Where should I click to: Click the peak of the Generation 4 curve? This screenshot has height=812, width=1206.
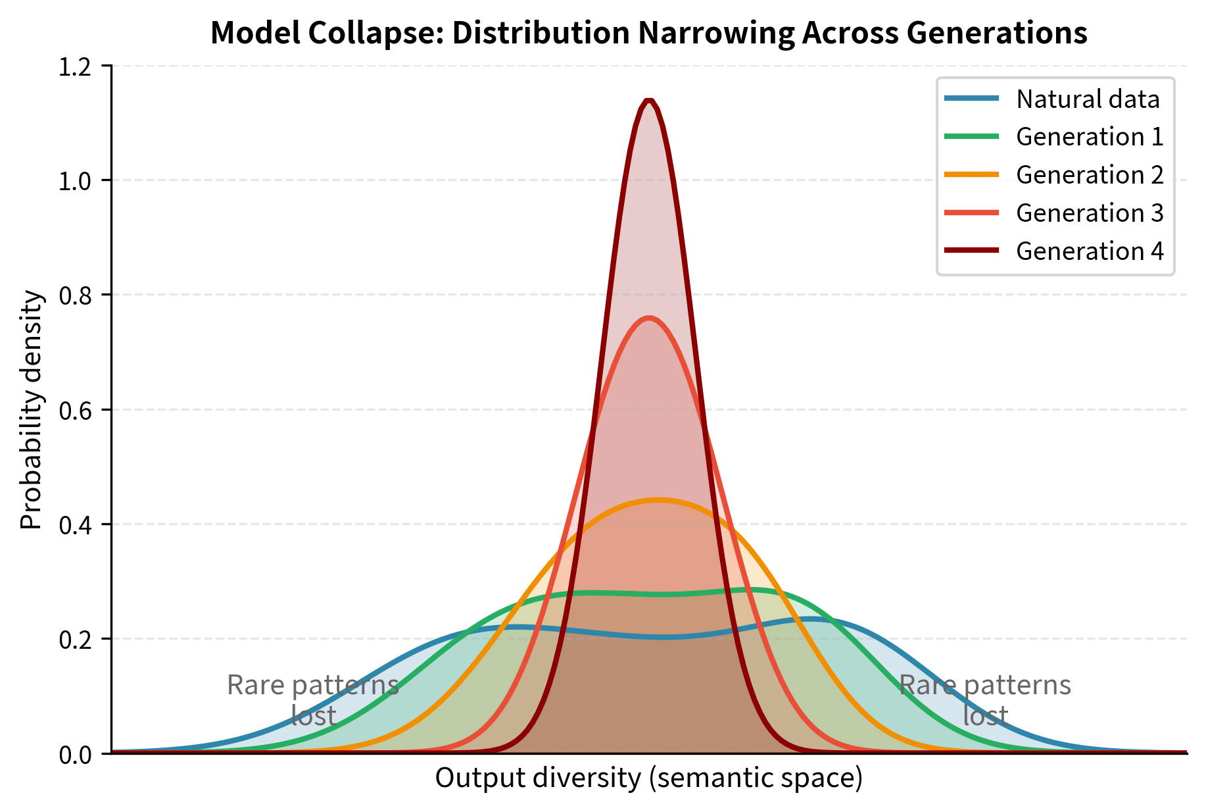649,101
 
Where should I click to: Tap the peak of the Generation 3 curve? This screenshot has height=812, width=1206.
649,318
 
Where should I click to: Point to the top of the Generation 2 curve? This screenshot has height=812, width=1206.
658,500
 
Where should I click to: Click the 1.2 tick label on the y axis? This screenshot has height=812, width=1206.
76,66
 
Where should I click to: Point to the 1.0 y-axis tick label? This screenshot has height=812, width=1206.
76,181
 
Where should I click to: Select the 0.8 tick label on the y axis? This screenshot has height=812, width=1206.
76,295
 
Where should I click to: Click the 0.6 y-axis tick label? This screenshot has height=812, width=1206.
76,410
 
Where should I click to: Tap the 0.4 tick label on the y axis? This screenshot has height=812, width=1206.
76,525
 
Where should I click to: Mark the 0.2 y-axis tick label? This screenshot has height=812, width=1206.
76,640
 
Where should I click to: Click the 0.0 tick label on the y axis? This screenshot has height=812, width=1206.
76,754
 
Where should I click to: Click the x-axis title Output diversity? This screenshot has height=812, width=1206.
648,778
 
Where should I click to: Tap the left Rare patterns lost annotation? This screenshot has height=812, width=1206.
313,700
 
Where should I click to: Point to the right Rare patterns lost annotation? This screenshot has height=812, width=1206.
985,700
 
